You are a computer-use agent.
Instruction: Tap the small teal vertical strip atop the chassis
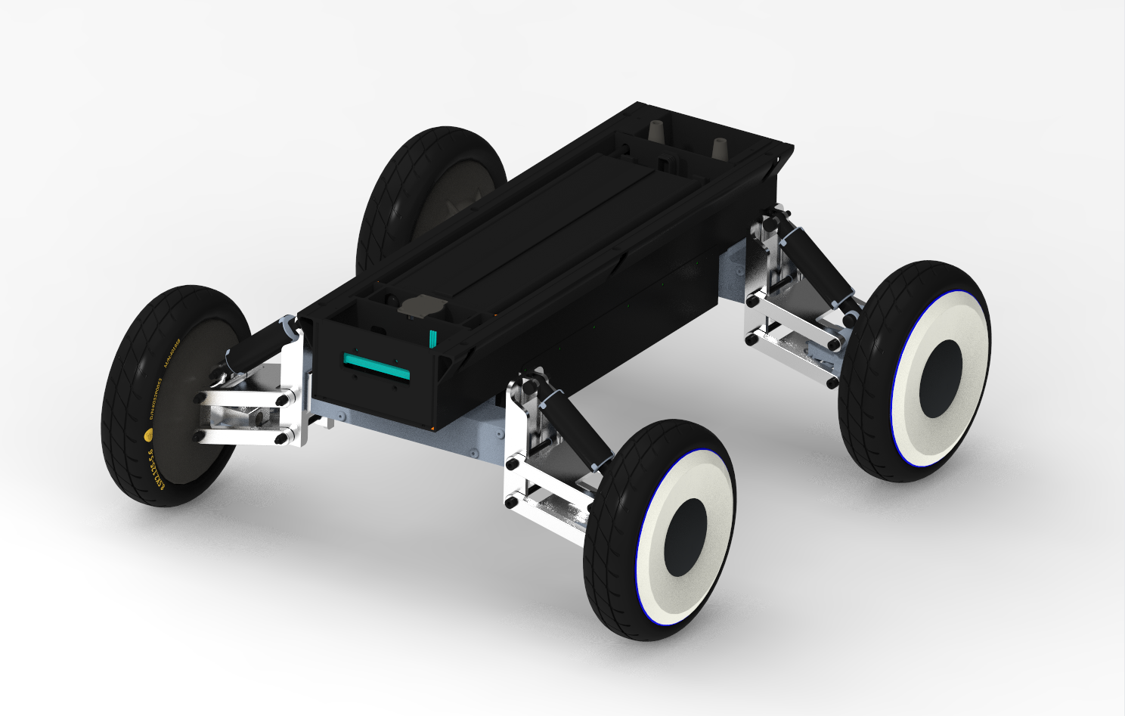pos(433,338)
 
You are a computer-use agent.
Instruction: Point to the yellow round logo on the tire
pos(148,435)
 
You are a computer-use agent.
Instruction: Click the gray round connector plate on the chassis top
pos(416,306)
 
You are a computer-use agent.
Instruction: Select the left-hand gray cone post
pos(656,129)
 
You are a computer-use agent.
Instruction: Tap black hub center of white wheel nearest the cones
pos(941,377)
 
